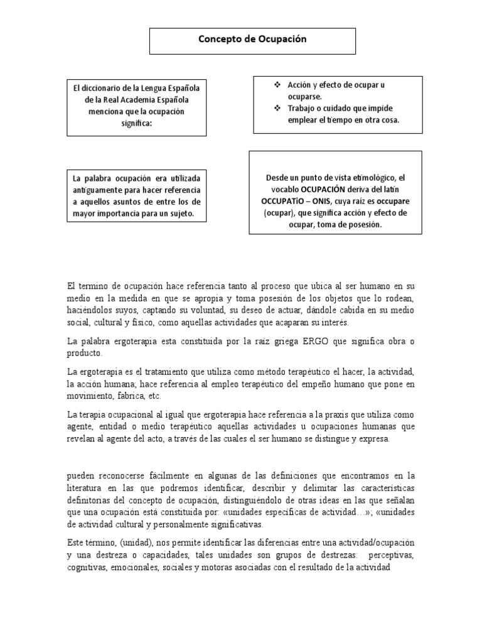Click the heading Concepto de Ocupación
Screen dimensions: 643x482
pyautogui.click(x=252, y=39)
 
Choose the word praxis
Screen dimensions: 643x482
pyautogui.click(x=312, y=415)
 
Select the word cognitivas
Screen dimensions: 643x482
pyautogui.click(x=88, y=568)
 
